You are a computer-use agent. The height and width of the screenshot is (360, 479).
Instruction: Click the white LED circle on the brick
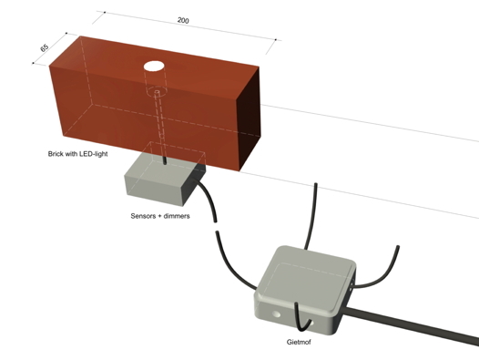(x=154, y=67)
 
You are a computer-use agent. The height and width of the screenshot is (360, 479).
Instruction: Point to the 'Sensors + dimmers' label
(x=160, y=216)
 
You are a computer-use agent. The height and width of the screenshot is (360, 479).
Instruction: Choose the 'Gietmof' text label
(x=299, y=342)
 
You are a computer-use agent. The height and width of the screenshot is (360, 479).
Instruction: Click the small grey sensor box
(x=163, y=178)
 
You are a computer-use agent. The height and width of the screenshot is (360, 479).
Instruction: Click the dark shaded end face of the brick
(x=250, y=124)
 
